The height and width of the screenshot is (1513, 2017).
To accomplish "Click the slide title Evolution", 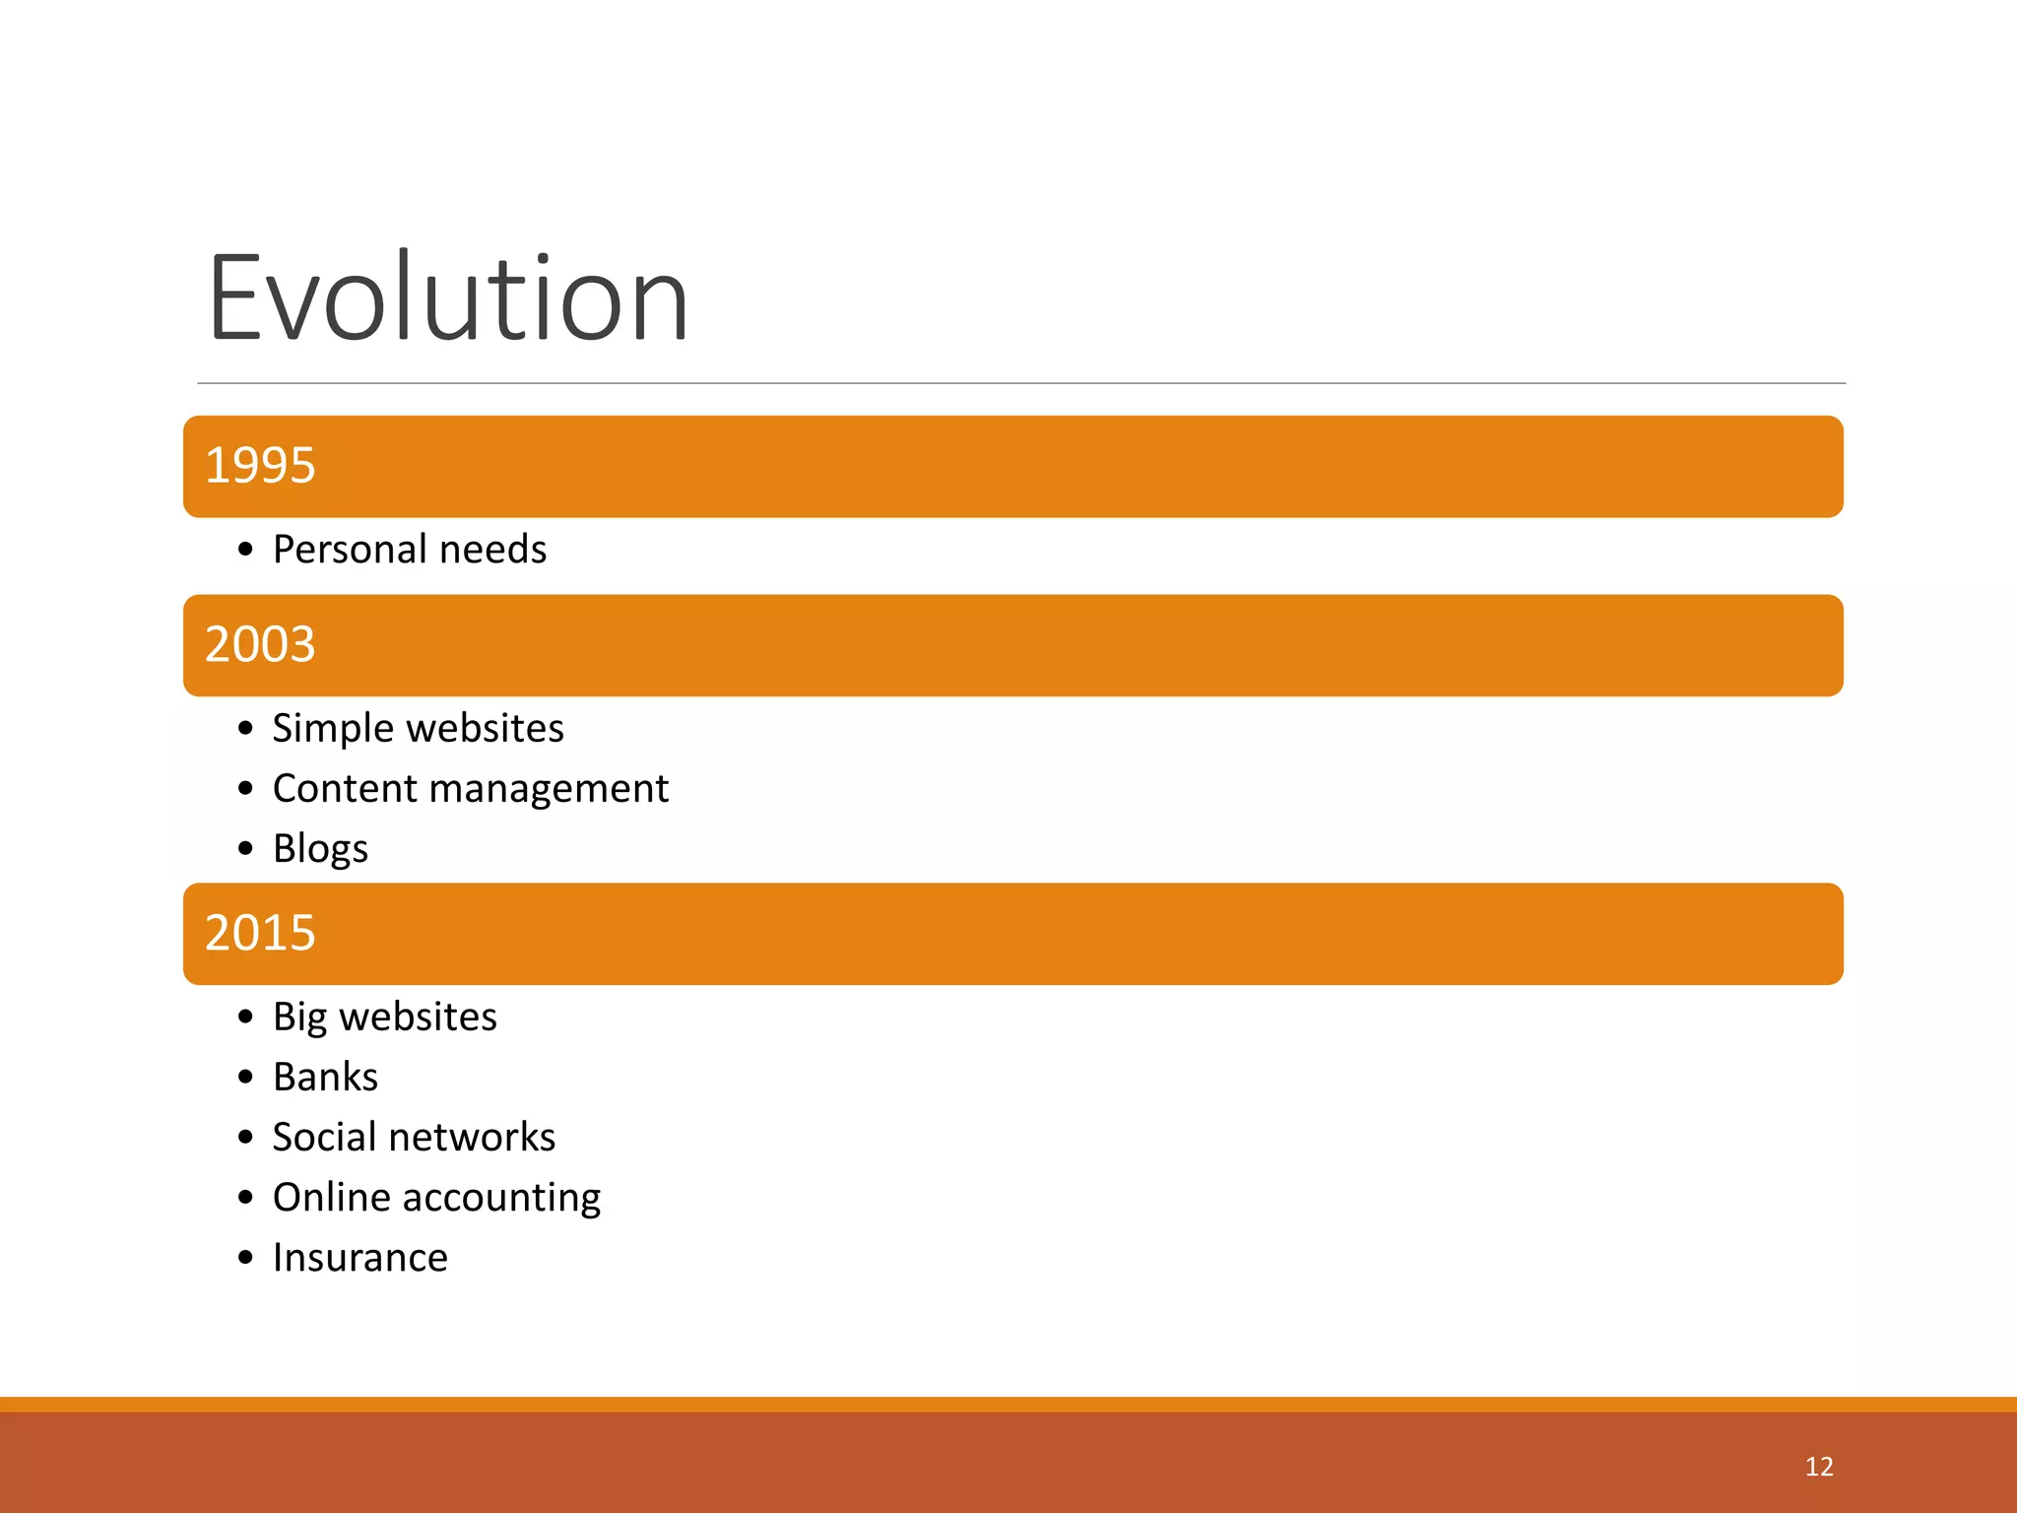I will (x=448, y=298).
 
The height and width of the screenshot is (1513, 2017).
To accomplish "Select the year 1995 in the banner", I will (x=260, y=465).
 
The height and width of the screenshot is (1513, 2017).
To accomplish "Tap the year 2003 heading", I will (x=260, y=644).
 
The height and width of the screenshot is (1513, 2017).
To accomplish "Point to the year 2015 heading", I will (x=260, y=933).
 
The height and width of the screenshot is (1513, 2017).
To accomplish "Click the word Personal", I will (x=349, y=550).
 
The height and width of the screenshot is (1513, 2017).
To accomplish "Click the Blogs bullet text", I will (x=320, y=849).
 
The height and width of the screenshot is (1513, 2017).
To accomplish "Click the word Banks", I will (x=325, y=1078).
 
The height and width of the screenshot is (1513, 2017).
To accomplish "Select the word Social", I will (x=324, y=1138).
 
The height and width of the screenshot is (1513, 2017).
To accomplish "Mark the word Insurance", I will (x=360, y=1258).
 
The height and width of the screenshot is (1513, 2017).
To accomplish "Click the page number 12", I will (x=1818, y=1467).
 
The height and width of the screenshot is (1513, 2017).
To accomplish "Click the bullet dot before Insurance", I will (x=245, y=1258).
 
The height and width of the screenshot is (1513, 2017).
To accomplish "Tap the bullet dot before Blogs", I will (x=245, y=848).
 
